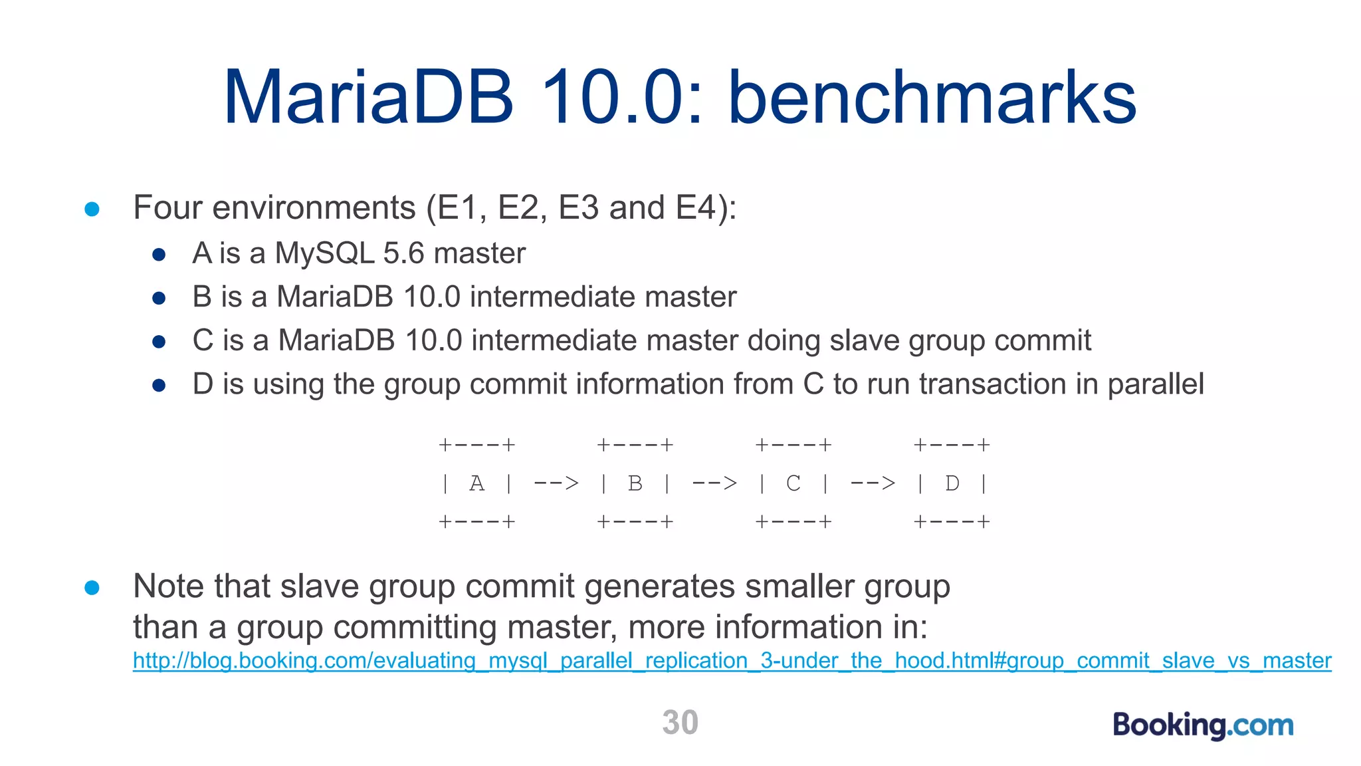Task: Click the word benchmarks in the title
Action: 932,98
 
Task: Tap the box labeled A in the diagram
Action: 476,483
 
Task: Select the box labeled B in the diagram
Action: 635,483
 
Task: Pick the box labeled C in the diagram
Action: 793,483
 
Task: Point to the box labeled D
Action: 952,483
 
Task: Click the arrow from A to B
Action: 556,483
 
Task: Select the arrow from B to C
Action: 714,483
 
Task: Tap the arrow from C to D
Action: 873,483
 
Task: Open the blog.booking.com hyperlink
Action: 731,661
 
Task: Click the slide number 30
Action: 680,723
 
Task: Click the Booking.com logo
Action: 1203,725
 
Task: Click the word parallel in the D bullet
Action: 1156,384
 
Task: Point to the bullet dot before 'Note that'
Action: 92,588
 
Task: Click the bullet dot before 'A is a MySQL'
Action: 159,255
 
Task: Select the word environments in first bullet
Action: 314,207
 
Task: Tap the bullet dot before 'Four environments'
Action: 92,209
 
